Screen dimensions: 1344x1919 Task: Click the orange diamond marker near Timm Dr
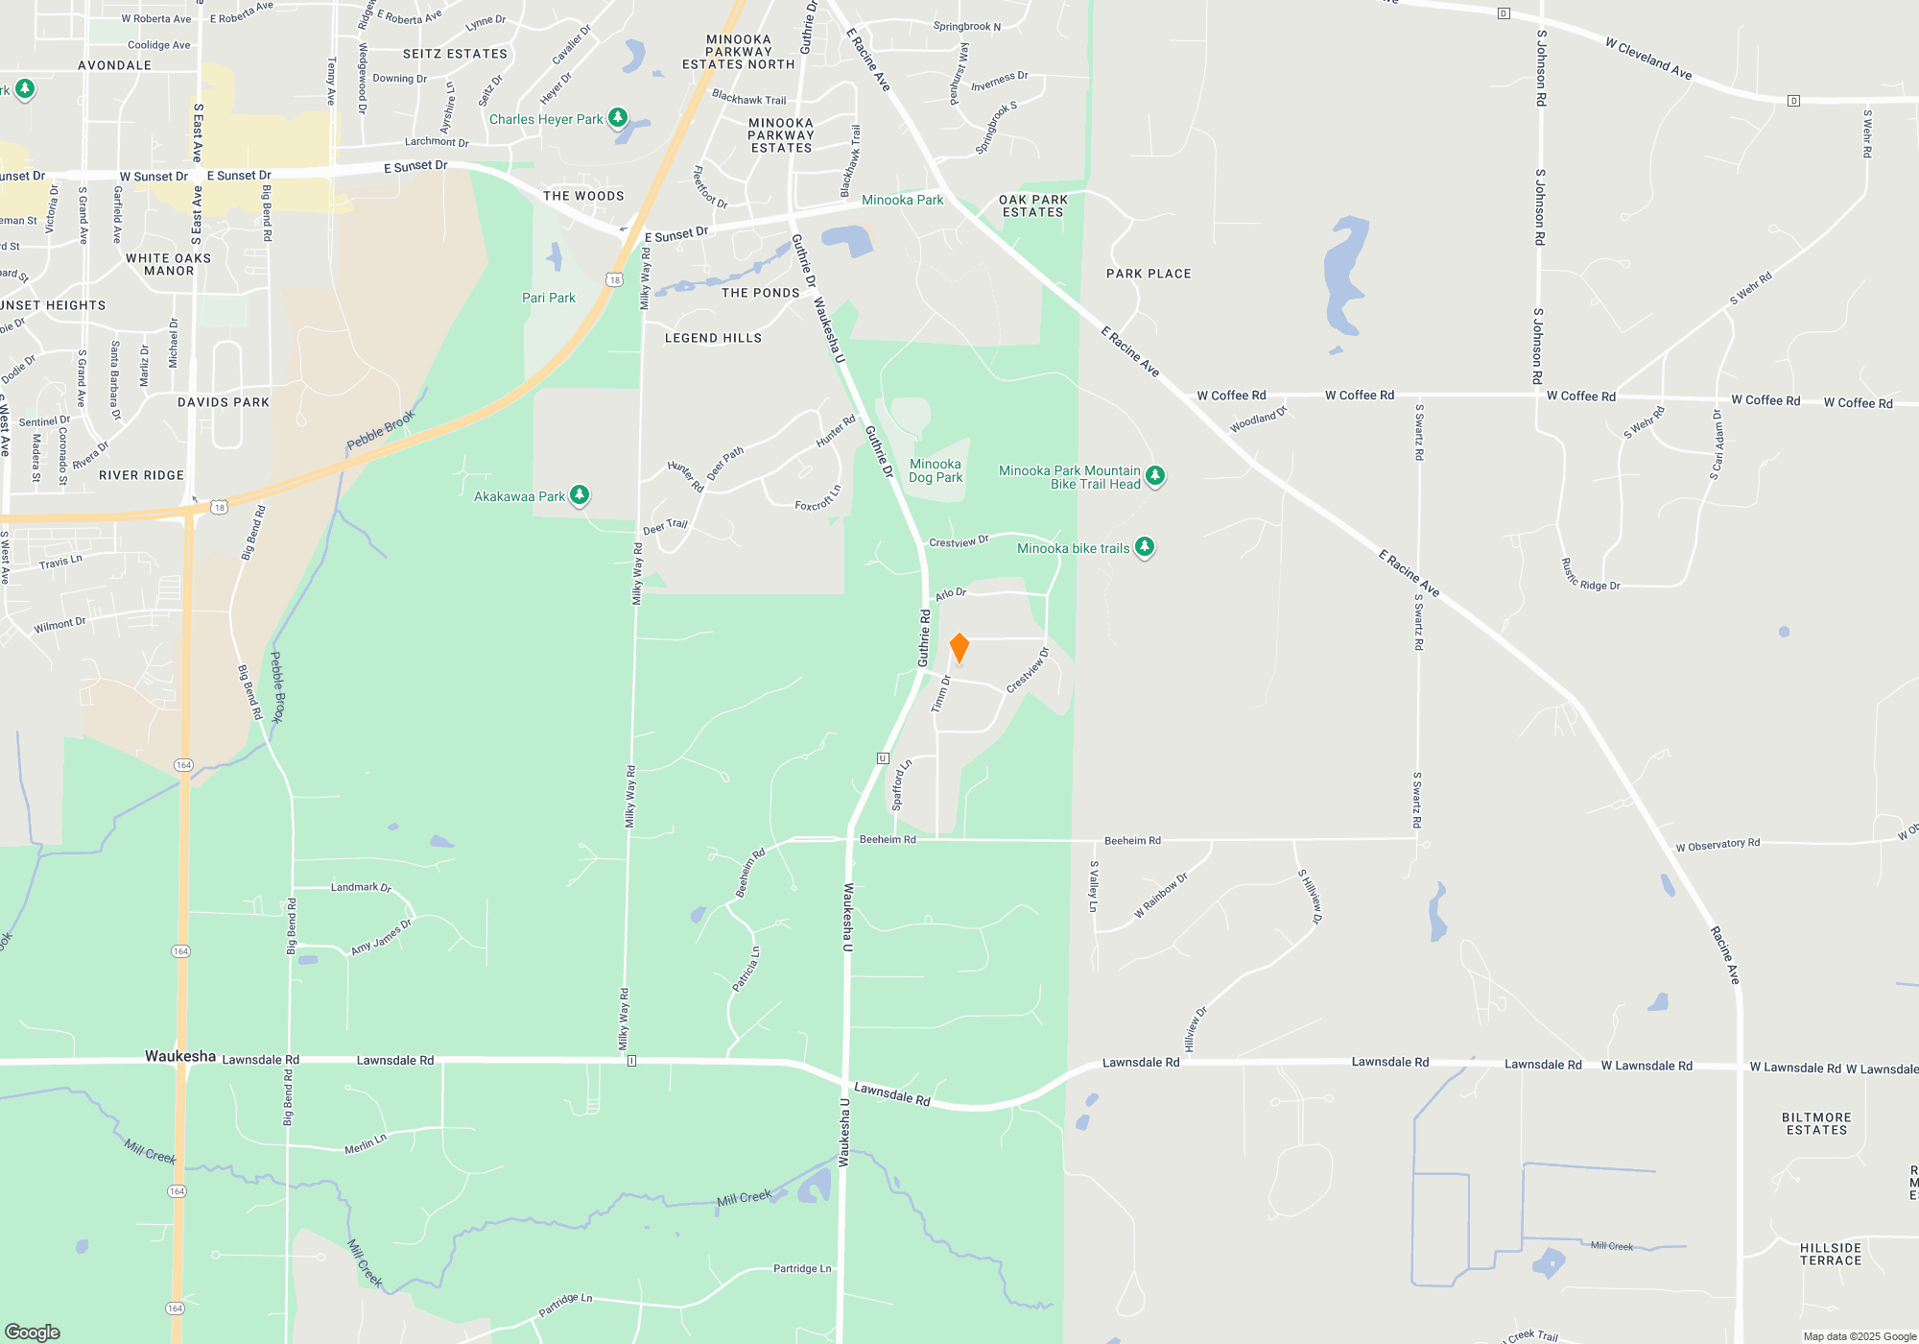[x=959, y=648]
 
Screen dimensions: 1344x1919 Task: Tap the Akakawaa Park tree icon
[x=580, y=494]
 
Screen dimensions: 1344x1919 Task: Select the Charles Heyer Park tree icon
[x=618, y=117]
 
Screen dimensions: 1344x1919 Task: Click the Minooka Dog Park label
[x=936, y=470]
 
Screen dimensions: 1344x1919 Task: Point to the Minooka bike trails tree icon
[x=1144, y=546]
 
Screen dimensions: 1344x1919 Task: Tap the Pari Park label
[x=549, y=298]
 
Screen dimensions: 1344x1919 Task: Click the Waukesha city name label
[x=180, y=1056]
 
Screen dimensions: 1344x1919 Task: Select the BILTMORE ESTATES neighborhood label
[x=1816, y=1123]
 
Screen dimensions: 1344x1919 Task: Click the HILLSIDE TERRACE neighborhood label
[x=1830, y=1254]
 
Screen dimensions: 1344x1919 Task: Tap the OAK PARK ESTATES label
[x=1033, y=205]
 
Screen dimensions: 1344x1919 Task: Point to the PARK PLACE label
[x=1149, y=274]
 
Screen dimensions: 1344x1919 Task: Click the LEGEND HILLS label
[x=713, y=338]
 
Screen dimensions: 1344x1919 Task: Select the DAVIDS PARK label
[x=224, y=402]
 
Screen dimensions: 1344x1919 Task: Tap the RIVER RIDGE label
[x=141, y=475]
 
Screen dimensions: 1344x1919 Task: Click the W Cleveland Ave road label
[x=1648, y=58]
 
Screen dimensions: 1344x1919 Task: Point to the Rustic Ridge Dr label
[x=1590, y=575]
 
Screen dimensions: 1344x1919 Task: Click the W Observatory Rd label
[x=1718, y=845]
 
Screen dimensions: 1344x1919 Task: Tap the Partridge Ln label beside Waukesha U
[x=802, y=1268]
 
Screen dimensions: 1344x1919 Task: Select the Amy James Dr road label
[x=381, y=937]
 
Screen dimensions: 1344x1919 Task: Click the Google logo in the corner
[x=33, y=1332]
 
